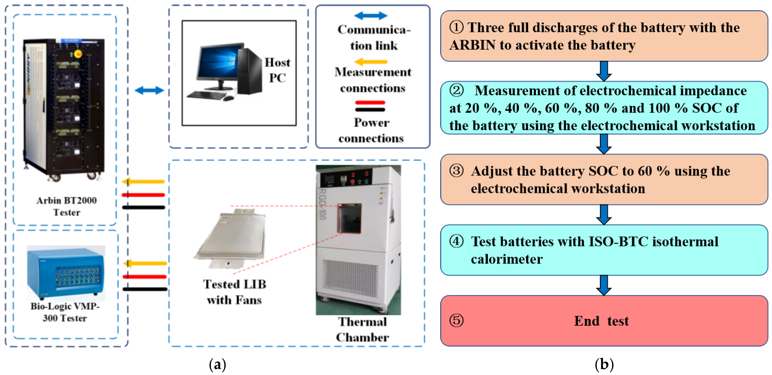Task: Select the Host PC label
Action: click(277, 70)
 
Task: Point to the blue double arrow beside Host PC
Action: click(149, 90)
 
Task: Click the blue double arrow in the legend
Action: click(371, 16)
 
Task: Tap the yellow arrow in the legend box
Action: click(371, 62)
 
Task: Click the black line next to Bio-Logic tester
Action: click(145, 289)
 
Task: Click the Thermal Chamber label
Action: click(362, 329)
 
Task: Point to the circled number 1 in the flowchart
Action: click(456, 27)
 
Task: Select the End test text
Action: click(601, 321)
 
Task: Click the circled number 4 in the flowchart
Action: click(456, 241)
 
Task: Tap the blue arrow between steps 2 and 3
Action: click(604, 144)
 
